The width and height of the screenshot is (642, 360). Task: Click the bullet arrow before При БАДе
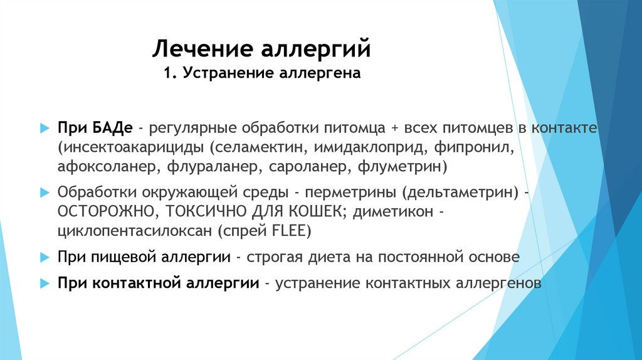(x=44, y=128)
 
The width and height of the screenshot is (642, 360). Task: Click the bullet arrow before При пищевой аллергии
(x=44, y=257)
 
